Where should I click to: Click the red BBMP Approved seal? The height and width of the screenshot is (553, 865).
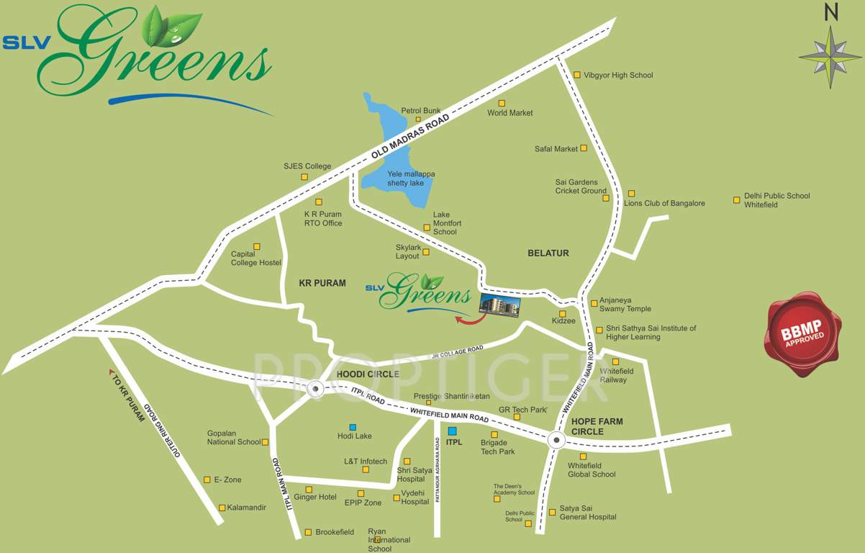point(802,334)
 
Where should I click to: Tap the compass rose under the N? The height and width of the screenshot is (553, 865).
point(830,57)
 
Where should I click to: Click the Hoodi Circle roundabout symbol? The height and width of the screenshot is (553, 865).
point(314,389)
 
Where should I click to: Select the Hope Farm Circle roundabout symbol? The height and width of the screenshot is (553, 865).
point(556,440)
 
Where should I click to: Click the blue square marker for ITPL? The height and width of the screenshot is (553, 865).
point(450,431)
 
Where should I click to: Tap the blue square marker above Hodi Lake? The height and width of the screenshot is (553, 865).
point(353,426)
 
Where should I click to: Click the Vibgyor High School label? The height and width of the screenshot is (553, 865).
point(617,75)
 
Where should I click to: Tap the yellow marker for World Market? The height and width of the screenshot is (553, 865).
point(502,103)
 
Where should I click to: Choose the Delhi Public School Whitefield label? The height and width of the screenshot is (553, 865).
point(776,200)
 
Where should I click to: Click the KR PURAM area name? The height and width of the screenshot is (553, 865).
point(322,283)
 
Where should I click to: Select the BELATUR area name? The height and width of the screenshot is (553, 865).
point(548,253)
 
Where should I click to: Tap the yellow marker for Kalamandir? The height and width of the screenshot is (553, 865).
point(222,508)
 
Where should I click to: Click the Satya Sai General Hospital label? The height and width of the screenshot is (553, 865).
point(587,513)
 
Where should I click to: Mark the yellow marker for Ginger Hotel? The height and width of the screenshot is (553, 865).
point(309,490)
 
